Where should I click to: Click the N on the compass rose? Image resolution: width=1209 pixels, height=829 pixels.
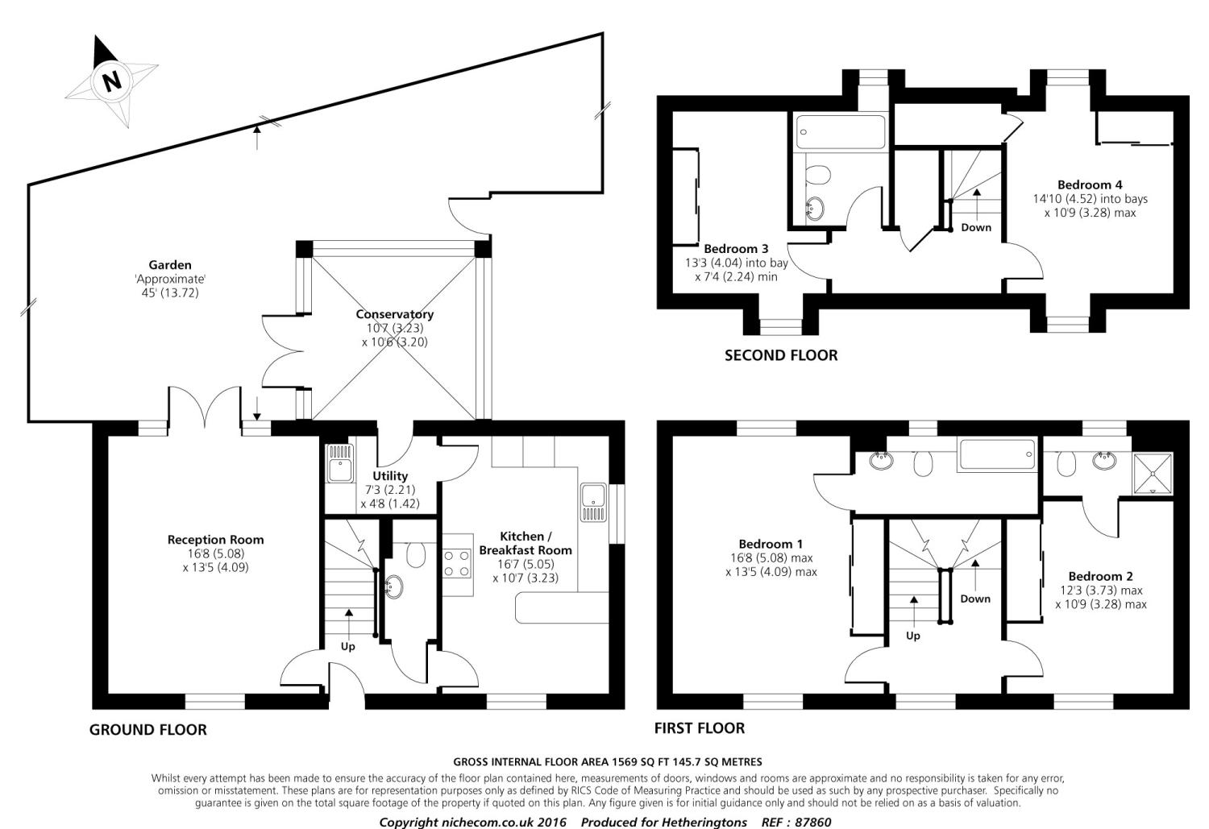111,81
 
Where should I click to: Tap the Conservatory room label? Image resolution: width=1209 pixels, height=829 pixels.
394,314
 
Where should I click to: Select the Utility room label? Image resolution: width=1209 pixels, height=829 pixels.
390,476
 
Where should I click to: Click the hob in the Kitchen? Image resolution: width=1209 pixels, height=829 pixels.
457,562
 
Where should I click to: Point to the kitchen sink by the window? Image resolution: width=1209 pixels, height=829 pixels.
592,503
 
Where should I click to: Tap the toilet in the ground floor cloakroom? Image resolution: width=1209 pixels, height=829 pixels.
417,553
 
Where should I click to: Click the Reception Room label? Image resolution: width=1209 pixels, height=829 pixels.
215,540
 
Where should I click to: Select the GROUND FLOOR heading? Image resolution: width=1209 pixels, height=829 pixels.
147,730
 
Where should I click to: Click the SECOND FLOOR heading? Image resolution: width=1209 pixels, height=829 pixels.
780,355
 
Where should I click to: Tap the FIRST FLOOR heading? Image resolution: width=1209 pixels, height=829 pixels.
699,728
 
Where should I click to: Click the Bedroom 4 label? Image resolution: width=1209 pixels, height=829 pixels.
1090,184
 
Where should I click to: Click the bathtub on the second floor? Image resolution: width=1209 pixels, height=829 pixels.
840,131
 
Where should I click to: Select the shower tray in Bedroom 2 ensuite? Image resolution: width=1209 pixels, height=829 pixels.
1153,472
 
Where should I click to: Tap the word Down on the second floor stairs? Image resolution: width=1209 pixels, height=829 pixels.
976,227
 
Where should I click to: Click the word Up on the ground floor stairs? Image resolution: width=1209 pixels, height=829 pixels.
348,646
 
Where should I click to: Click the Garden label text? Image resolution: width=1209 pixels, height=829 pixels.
170,264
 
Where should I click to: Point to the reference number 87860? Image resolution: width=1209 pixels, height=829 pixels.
813,823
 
